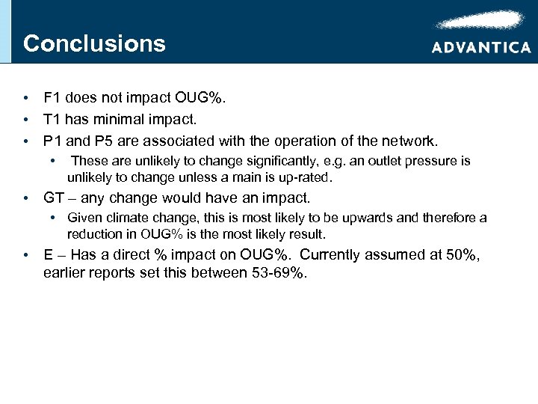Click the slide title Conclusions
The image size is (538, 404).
[94, 43]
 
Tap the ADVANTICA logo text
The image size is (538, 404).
[481, 47]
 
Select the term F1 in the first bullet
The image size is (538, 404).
[52, 98]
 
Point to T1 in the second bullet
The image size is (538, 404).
[52, 119]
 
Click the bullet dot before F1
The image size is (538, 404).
[26, 99]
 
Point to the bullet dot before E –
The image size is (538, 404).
[26, 256]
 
